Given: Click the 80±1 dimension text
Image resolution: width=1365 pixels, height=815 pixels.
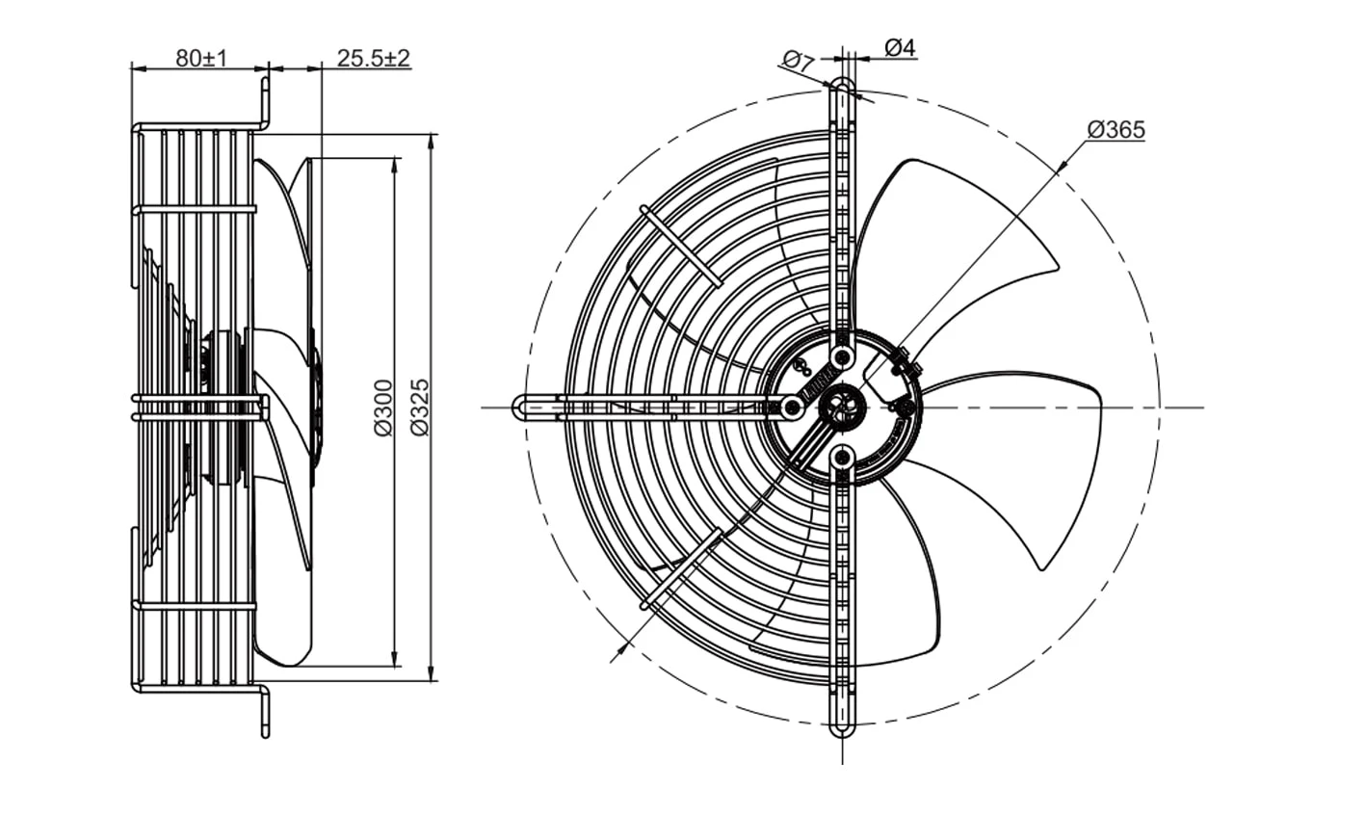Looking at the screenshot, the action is [x=201, y=59].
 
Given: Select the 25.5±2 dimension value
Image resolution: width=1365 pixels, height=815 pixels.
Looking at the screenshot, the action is [x=374, y=59].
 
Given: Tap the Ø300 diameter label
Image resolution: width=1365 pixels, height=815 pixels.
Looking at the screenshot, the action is [x=384, y=407].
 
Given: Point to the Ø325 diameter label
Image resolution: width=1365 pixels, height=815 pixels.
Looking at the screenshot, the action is [x=420, y=407].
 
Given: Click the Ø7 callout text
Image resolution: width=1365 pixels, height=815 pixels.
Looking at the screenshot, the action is [x=798, y=62].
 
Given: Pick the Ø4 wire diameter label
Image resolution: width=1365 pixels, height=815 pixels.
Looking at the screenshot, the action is [x=900, y=47].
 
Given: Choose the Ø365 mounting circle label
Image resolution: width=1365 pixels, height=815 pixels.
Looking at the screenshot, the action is [x=1116, y=130].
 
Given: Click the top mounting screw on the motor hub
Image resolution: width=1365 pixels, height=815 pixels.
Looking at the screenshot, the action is [x=842, y=356].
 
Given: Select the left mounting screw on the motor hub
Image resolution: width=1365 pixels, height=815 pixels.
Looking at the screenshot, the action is [x=792, y=407].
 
